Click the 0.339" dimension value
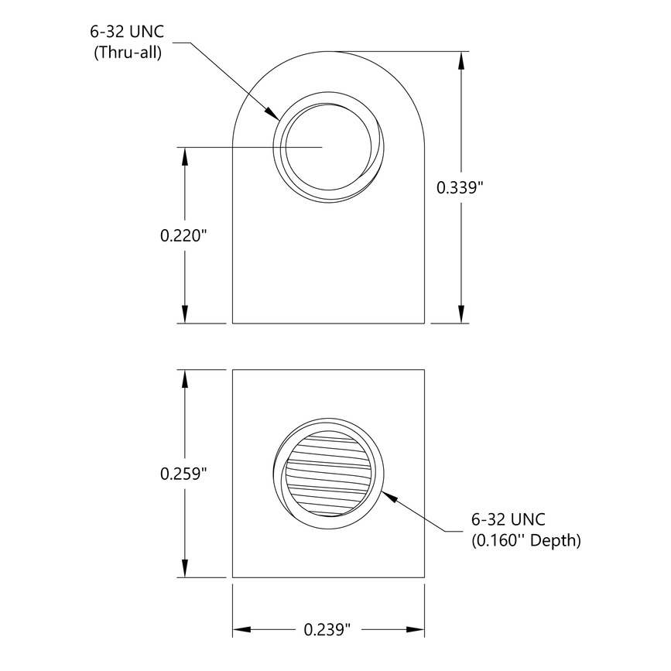pyautogui.click(x=460, y=187)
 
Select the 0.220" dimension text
pyautogui.click(x=185, y=235)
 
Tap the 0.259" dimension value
pyautogui.click(x=185, y=473)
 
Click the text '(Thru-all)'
pyautogui.click(x=127, y=53)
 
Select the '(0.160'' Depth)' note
pyautogui.click(x=526, y=540)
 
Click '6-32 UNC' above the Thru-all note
pyautogui.click(x=127, y=34)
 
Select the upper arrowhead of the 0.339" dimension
pyautogui.click(x=462, y=61)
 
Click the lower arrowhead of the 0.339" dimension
pyautogui.click(x=462, y=313)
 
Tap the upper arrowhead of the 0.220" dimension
pyautogui.click(x=185, y=156)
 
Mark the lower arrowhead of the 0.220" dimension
pyautogui.click(x=185, y=313)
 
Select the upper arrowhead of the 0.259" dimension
pyautogui.click(x=185, y=379)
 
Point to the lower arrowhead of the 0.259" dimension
pyautogui.click(x=185, y=568)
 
